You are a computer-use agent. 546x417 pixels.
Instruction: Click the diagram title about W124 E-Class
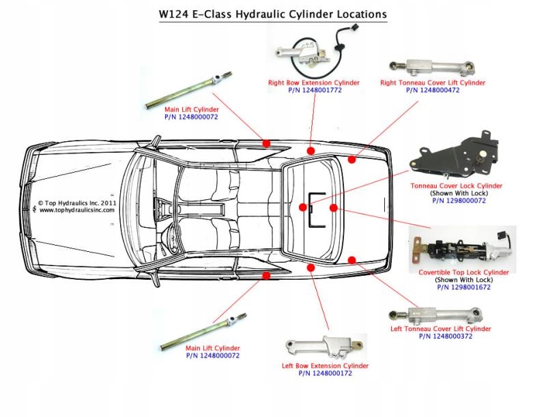pyautogui.click(x=273, y=13)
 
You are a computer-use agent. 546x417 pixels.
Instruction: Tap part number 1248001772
pyautogui.click(x=314, y=90)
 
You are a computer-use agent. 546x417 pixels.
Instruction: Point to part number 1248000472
pyautogui.click(x=433, y=90)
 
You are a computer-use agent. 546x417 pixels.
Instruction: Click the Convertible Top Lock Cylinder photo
pyautogui.click(x=461, y=249)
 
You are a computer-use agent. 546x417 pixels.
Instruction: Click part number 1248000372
pyautogui.click(x=440, y=336)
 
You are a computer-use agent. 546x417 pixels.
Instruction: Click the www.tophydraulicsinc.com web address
pyautogui.click(x=76, y=210)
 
